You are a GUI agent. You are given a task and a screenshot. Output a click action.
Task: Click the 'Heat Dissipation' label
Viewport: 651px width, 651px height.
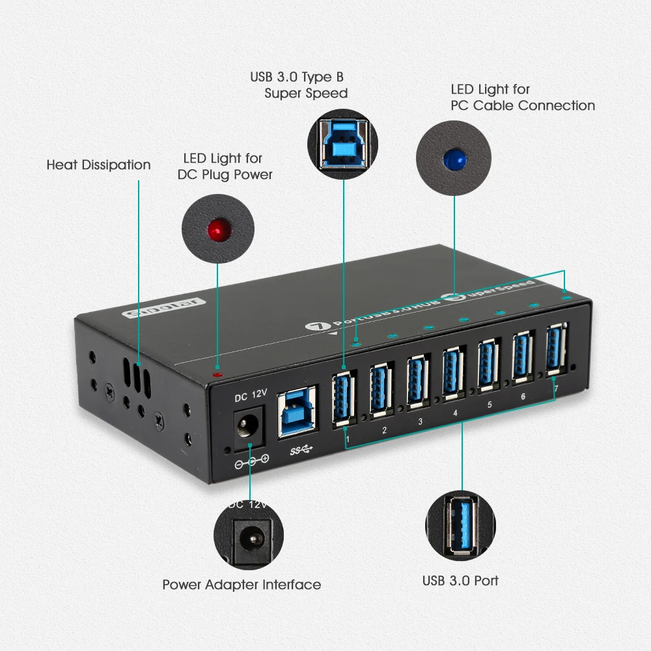[98, 165]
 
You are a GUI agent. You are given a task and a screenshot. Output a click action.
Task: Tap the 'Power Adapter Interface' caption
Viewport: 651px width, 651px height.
[242, 585]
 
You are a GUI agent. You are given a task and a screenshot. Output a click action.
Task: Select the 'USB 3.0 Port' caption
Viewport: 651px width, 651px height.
[460, 580]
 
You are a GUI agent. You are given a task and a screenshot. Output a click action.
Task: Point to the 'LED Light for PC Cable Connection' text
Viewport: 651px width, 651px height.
[523, 98]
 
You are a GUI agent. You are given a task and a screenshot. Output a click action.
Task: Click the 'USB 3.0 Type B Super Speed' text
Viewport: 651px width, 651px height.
[299, 85]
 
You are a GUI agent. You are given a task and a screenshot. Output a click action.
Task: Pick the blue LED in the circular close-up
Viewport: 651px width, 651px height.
[454, 158]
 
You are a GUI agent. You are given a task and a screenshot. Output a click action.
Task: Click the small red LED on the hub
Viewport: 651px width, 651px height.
[217, 374]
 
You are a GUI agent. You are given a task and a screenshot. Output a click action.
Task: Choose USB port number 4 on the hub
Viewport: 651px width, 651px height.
[453, 374]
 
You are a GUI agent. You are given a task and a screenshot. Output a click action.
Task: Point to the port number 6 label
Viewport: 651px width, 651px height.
[523, 396]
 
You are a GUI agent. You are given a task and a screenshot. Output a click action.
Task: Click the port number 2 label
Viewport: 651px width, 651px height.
[385, 430]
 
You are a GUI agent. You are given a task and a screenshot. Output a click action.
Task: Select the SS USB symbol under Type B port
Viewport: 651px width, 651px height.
[300, 450]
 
